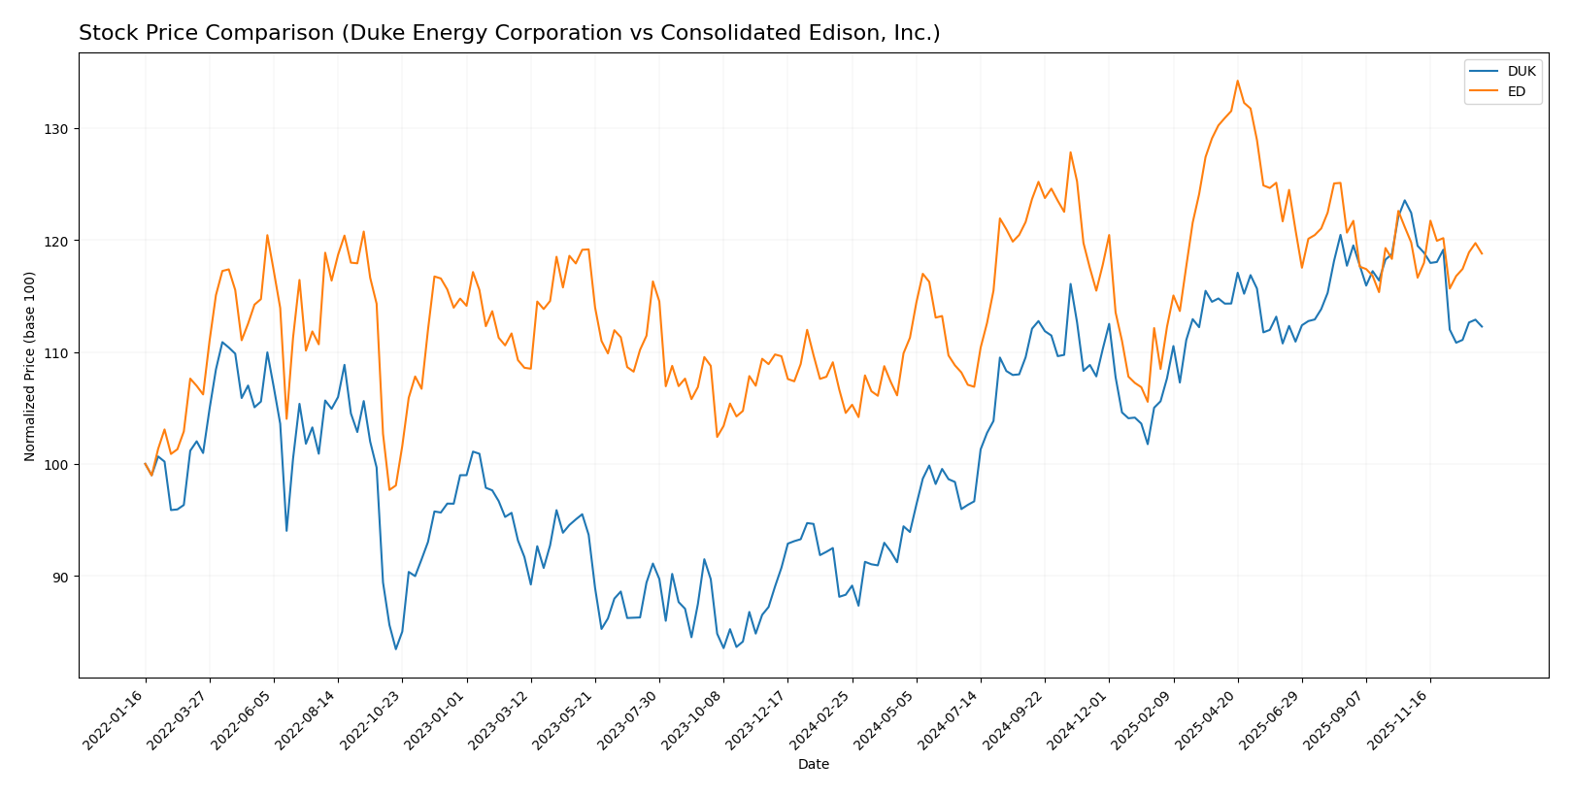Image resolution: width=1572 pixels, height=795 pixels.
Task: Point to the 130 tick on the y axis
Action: tap(59, 129)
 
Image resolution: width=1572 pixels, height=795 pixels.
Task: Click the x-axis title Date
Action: tap(813, 765)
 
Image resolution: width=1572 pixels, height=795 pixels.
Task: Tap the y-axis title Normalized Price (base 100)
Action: tap(30, 366)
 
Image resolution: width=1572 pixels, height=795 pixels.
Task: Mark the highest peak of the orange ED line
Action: tap(1237, 81)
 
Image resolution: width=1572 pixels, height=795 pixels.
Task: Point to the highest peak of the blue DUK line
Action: tap(1404, 200)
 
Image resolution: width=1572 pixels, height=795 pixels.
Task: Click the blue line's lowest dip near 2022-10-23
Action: tap(395, 648)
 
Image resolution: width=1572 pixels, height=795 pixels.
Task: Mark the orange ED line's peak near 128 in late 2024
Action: tap(1070, 151)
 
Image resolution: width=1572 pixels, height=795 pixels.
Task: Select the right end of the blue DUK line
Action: tap(1481, 326)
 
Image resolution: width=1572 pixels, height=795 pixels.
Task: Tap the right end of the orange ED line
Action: tap(1481, 253)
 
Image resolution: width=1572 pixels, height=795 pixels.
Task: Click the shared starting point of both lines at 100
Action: tap(146, 464)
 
